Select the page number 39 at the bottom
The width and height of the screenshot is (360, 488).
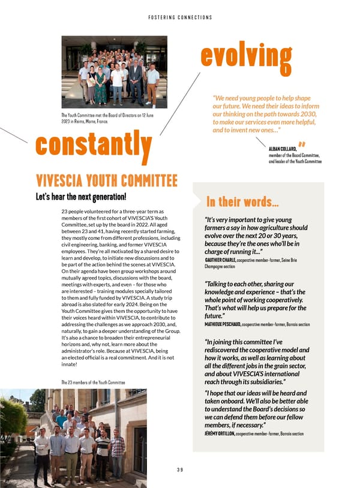tap(179, 470)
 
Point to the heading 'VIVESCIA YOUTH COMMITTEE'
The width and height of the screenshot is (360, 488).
tap(107, 180)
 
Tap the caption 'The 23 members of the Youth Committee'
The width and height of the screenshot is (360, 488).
tap(93, 382)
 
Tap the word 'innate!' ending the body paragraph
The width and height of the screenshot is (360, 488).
tap(70, 364)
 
